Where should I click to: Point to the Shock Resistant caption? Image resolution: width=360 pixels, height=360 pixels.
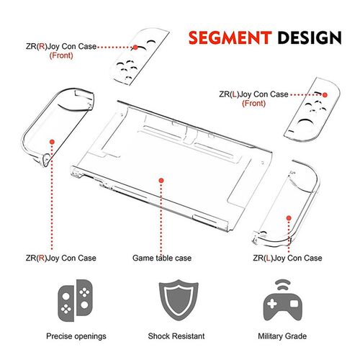(176, 336)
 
